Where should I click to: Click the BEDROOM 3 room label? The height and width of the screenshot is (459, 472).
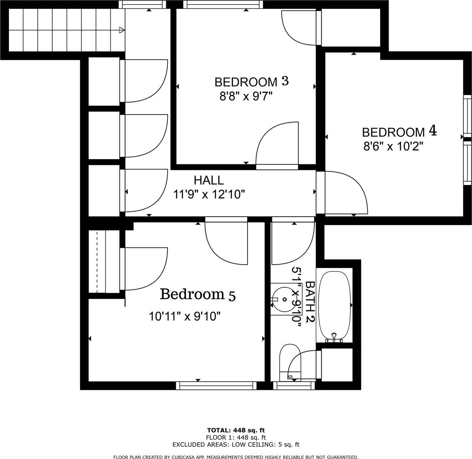coord(251,81)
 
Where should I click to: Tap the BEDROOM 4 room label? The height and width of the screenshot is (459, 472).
coord(399,132)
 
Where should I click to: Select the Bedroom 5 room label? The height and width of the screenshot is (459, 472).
coord(197,295)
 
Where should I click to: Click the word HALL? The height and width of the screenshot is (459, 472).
coord(208,180)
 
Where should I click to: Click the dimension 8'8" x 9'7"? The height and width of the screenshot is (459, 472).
coord(245,96)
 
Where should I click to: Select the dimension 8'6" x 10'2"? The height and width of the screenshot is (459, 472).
coord(393,146)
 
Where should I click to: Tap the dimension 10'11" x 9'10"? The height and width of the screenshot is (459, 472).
coord(185,316)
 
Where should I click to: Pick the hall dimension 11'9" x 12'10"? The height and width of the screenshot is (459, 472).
coord(209,195)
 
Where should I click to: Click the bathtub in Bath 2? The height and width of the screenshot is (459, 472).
coord(334,306)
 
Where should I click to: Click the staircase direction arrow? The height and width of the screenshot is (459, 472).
coord(122,30)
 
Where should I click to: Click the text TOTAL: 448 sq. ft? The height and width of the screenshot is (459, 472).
coord(236,430)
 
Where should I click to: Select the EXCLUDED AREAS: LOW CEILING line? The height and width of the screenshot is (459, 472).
coord(236,444)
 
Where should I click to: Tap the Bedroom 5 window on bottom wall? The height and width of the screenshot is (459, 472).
coord(216,386)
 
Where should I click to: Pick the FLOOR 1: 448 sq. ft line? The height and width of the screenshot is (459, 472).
coord(236,437)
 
